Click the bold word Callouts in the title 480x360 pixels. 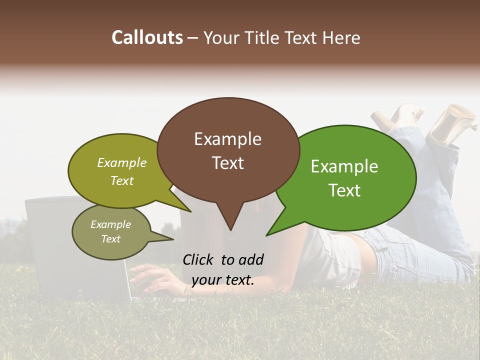click(147, 37)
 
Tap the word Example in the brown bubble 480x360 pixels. click(227, 139)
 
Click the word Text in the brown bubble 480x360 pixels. click(227, 163)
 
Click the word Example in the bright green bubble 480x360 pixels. click(344, 166)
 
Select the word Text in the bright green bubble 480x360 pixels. click(344, 190)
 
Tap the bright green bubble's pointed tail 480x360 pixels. click(268, 234)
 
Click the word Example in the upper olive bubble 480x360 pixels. click(121, 163)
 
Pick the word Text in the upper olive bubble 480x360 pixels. click(121, 180)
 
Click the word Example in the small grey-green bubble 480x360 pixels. click(110, 224)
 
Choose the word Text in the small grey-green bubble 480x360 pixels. click(110, 239)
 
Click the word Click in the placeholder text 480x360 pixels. click(199, 259)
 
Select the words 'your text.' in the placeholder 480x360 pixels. click(222, 280)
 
